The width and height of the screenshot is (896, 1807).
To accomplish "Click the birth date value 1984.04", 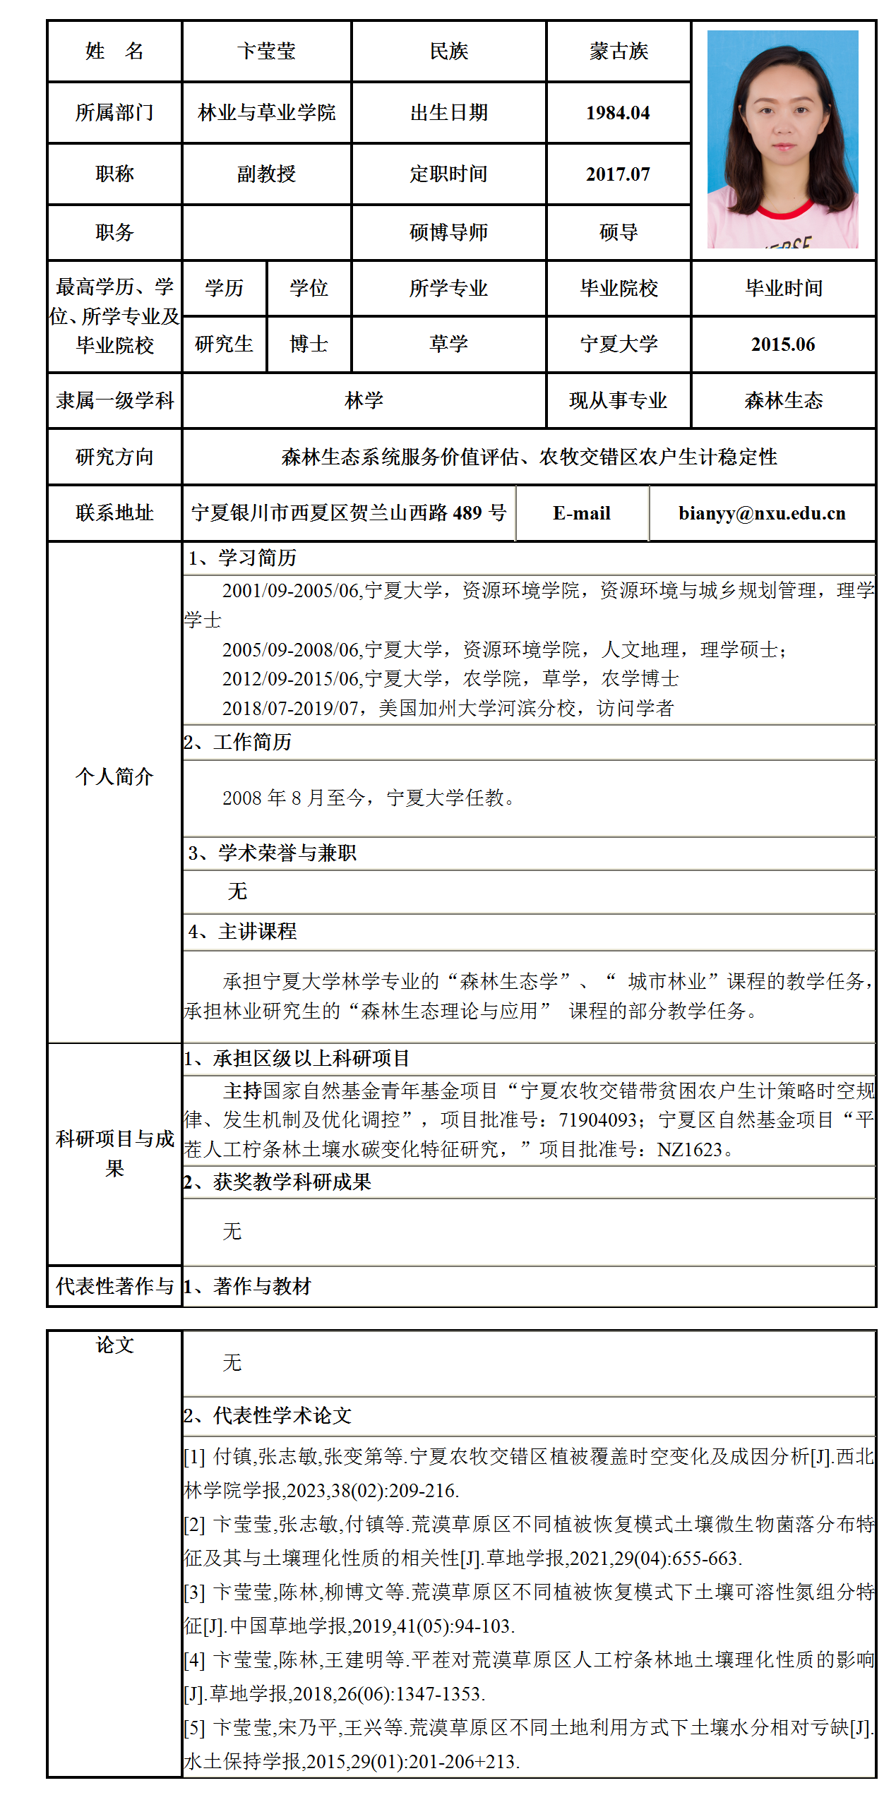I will click(618, 113).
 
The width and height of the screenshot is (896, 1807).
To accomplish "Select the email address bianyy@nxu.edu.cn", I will click(762, 513).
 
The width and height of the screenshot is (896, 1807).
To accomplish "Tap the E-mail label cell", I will click(582, 513).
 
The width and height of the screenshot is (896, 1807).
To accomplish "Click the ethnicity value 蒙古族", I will click(619, 52).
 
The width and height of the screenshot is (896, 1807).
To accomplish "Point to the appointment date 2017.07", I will click(618, 174).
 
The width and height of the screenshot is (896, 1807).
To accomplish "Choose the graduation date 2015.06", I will click(783, 344).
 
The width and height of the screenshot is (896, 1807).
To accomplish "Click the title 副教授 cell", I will click(266, 174).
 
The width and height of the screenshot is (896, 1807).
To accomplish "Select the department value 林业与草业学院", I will click(267, 113).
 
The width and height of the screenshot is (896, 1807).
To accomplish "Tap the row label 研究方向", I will click(114, 457).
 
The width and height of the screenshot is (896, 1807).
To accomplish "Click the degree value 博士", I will click(309, 344).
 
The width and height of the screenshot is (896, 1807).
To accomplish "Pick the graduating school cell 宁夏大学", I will click(619, 344).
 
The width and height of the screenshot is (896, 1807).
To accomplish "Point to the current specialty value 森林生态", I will click(783, 401).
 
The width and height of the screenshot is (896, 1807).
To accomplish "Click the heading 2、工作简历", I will click(237, 743).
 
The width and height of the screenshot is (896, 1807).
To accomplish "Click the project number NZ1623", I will click(690, 1150).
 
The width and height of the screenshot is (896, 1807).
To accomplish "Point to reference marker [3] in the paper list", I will click(194, 1592).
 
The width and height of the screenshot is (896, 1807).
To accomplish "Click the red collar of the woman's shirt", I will click(784, 211).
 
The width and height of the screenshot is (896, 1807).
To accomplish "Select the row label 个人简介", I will click(114, 777).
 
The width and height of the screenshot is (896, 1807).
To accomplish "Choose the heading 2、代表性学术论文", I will click(268, 1416).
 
